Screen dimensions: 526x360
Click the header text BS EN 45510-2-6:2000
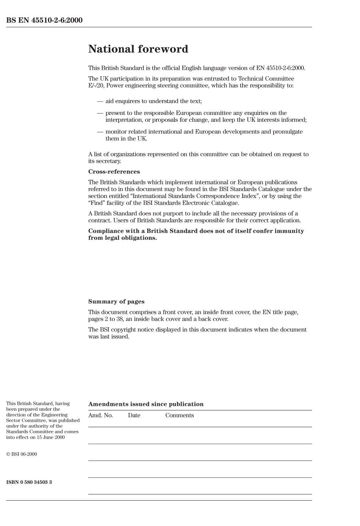pyautogui.click(x=44, y=20)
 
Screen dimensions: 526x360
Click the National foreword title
pyautogui.click(x=138, y=49)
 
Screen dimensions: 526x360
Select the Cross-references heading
pyautogui.click(x=114, y=172)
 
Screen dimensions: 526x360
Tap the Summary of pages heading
pyautogui.click(x=116, y=302)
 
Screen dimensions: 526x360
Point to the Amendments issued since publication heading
pyautogui.click(x=146, y=404)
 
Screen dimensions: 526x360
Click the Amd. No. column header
pyautogui.click(x=100, y=415)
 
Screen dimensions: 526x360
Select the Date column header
pyautogui.click(x=134, y=415)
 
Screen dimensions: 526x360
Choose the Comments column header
pyautogui.click(x=179, y=415)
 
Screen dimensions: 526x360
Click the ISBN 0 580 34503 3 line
pyautogui.click(x=29, y=482)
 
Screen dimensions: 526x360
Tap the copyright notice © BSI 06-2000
pyautogui.click(x=22, y=454)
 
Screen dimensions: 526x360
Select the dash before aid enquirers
pyautogui.click(x=100, y=101)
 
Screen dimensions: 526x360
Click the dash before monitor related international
pyautogui.click(x=100, y=132)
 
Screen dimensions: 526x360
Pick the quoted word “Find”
pyautogui.click(x=97, y=203)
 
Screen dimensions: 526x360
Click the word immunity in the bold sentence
pyautogui.click(x=289, y=231)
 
